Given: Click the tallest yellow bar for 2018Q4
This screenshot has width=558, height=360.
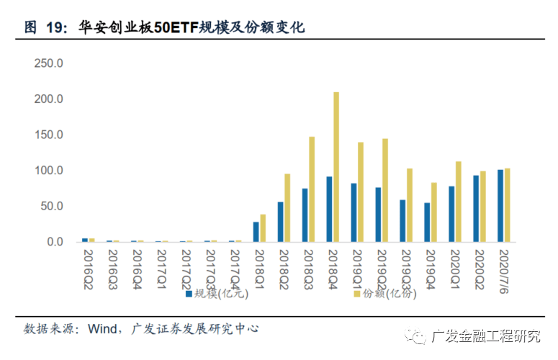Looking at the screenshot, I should click(x=336, y=167).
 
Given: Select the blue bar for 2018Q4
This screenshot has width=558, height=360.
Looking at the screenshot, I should click(x=329, y=209).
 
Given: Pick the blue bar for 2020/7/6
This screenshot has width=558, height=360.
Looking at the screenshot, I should click(x=500, y=206).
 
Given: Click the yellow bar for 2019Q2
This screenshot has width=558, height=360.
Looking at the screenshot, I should click(x=385, y=190).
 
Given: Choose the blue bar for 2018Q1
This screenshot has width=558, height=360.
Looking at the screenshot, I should click(x=256, y=232).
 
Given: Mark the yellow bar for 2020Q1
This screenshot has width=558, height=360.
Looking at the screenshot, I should click(x=459, y=202).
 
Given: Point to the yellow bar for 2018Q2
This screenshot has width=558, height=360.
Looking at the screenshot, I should click(x=287, y=208).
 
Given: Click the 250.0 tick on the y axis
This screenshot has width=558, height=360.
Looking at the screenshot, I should click(x=50, y=63).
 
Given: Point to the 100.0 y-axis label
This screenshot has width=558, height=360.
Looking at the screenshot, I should click(x=50, y=171).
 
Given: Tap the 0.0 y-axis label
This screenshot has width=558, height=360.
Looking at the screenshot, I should click(x=55, y=242).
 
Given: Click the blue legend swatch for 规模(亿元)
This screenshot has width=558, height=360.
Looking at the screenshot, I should click(x=189, y=294).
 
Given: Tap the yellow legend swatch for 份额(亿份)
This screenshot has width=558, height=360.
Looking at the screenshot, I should click(x=356, y=294).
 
